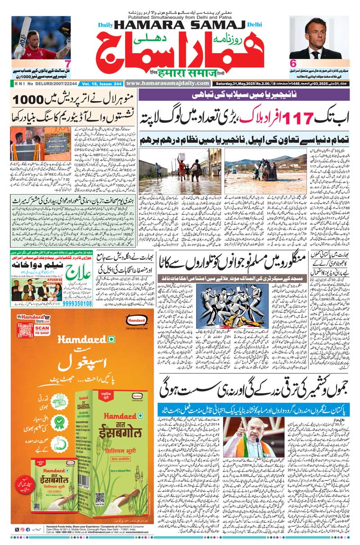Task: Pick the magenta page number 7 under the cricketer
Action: pyautogui.click(x=67, y=64)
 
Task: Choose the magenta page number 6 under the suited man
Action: pyautogui.click(x=293, y=64)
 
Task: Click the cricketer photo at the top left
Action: pyautogui.click(x=41, y=38)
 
